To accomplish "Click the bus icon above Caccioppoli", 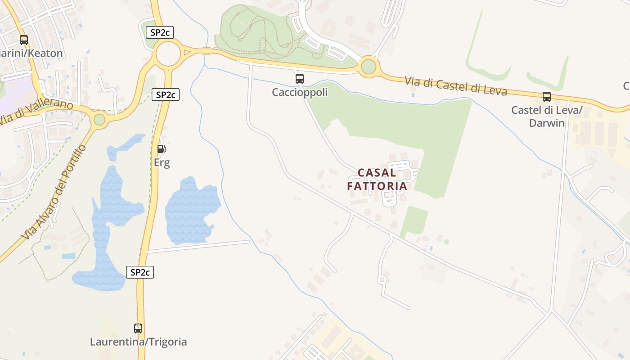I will click(300, 79).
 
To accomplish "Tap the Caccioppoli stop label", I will click(300, 92).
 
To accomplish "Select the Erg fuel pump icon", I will click(161, 148).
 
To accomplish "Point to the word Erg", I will click(162, 162).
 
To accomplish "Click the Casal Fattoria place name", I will click(377, 179).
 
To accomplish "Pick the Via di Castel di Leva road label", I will click(456, 86).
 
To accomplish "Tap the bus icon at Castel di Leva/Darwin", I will click(547, 96).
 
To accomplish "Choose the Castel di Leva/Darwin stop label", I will click(547, 117).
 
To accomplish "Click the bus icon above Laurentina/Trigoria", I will click(138, 328).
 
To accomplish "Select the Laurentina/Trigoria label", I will click(138, 342).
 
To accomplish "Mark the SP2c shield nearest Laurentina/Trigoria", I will click(140, 272).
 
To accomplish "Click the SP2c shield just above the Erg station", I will click(166, 94).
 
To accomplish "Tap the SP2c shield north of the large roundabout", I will click(160, 32).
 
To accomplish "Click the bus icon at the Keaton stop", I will click(24, 40).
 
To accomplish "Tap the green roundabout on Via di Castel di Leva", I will click(369, 67).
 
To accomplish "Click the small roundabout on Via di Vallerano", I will click(99, 120).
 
